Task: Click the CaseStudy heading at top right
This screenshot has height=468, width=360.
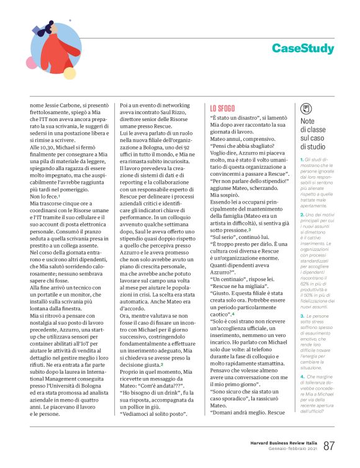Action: [x=302, y=48]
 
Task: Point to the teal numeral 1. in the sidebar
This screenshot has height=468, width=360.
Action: [x=302, y=160]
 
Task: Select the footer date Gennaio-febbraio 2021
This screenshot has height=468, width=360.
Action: [x=294, y=449]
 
